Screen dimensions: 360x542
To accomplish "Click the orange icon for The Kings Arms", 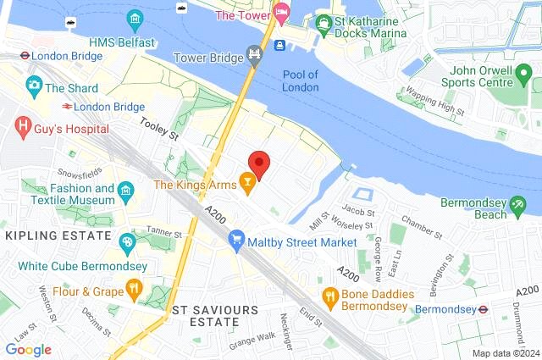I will coord(247,183).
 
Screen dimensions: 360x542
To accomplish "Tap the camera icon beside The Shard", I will coord(34,86).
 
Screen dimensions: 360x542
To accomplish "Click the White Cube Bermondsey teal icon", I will coord(127,243).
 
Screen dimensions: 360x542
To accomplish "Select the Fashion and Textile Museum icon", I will coord(126,190).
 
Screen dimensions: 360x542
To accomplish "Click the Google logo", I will coord(28,349).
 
